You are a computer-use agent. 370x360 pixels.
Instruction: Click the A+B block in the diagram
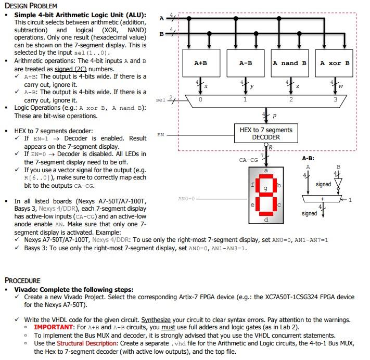200,63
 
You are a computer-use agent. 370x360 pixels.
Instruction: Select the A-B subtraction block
246,63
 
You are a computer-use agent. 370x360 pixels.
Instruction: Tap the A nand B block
290,63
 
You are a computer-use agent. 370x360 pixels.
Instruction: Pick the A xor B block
335,63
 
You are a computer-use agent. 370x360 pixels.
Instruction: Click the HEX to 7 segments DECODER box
266,134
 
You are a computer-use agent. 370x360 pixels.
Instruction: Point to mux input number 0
200,99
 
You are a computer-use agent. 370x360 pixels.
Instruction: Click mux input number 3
335,99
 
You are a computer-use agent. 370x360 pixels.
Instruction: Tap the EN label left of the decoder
161,135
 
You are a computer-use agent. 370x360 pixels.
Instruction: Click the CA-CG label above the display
248,160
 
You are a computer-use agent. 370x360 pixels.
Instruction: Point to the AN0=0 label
186,198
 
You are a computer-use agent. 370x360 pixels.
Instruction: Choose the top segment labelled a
266,171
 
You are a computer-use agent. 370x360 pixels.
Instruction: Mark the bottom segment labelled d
266,220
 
